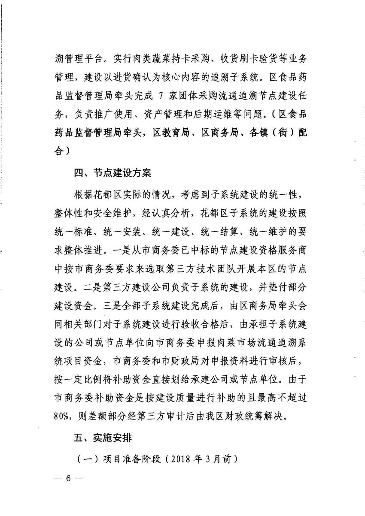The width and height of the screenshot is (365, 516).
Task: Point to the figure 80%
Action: [65, 416]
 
